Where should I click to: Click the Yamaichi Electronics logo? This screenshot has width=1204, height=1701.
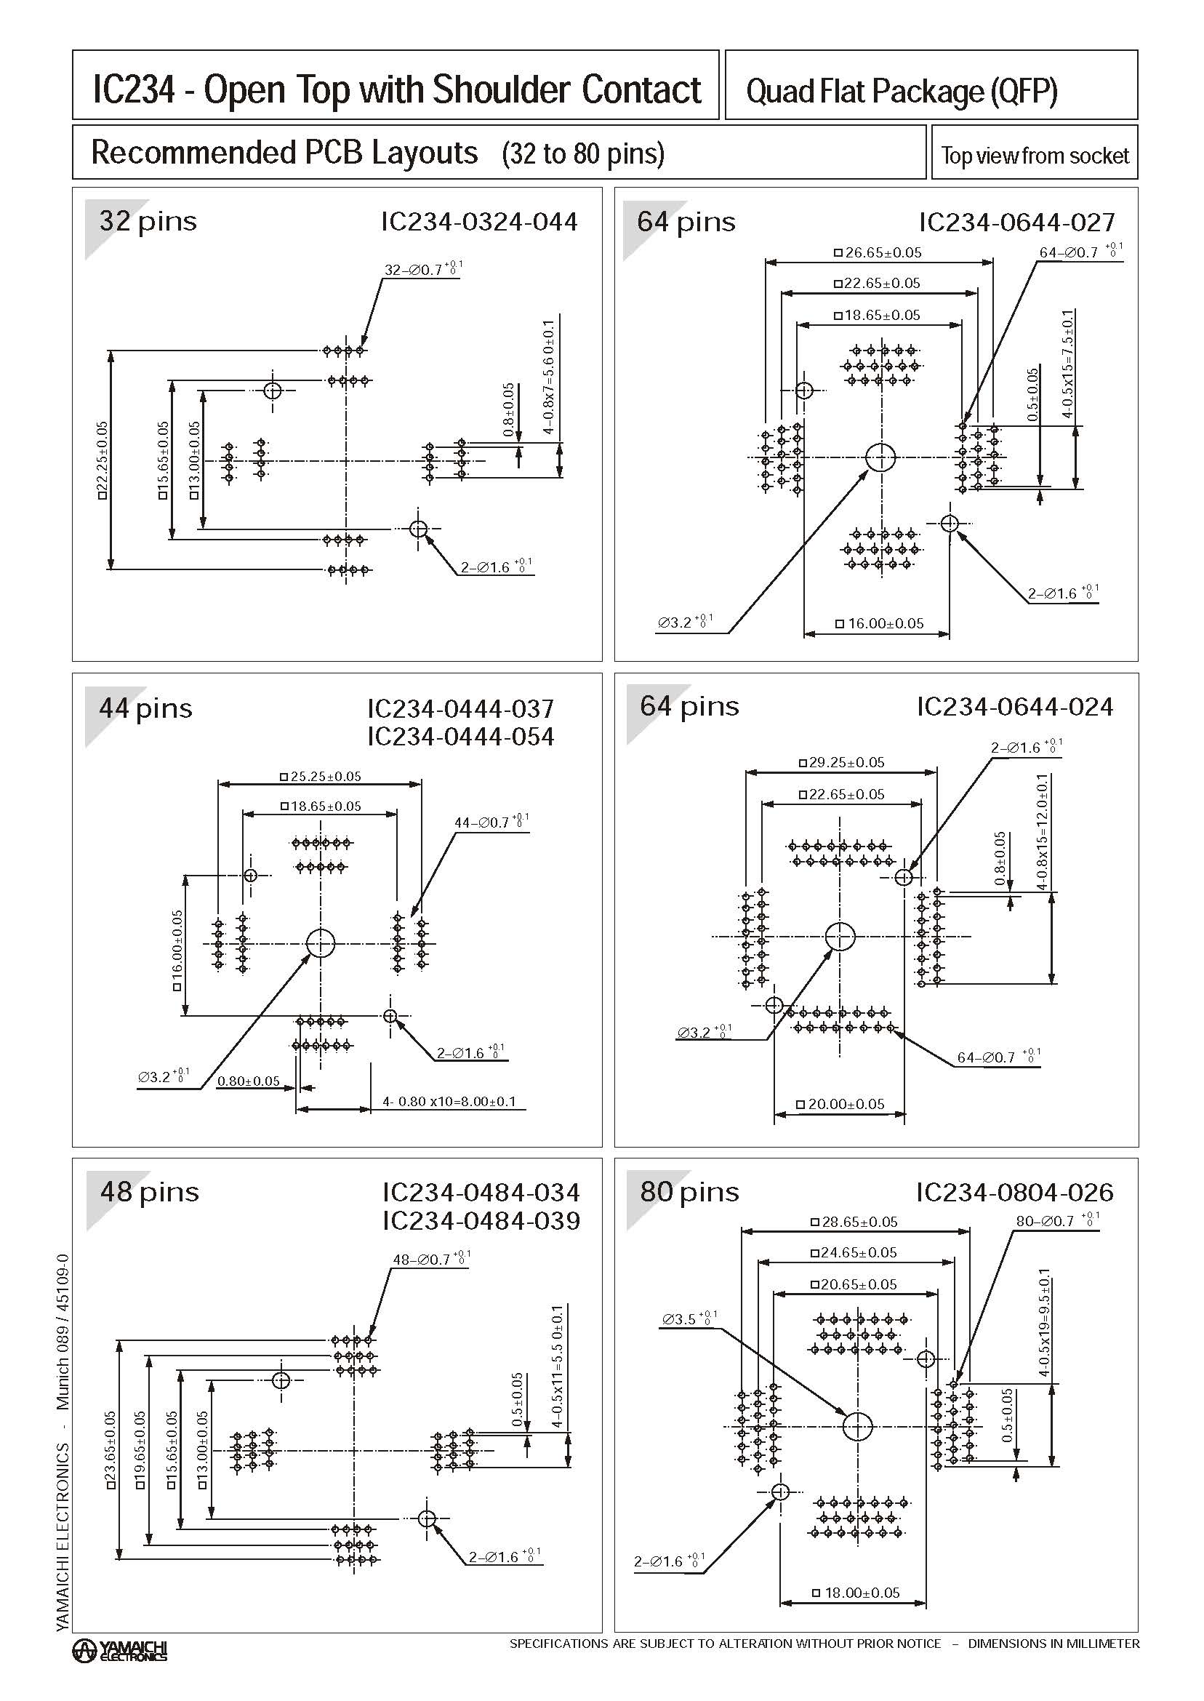(x=119, y=1650)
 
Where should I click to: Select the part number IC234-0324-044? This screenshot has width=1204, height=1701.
(x=479, y=222)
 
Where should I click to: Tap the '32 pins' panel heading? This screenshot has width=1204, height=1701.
(x=148, y=221)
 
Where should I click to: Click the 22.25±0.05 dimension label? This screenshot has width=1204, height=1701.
(x=103, y=460)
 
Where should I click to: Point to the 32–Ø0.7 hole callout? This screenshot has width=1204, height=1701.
(x=420, y=270)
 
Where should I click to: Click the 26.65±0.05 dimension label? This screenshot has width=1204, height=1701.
(x=878, y=253)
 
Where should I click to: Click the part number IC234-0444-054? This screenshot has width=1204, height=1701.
(x=460, y=736)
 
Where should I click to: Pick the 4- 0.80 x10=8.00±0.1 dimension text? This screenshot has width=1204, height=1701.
(x=449, y=1102)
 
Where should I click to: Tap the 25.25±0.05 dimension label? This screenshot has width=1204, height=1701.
(x=321, y=777)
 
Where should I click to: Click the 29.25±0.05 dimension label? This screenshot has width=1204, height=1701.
(x=842, y=762)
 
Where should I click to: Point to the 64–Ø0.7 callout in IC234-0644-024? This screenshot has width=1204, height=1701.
(x=998, y=1057)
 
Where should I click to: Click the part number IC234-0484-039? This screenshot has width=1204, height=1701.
(x=481, y=1220)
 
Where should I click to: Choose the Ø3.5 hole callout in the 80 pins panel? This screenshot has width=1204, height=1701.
(x=688, y=1319)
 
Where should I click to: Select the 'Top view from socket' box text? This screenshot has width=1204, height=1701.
(x=1034, y=156)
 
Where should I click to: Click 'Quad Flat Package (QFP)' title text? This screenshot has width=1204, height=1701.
(x=902, y=91)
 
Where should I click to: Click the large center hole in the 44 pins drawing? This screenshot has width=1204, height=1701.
(x=321, y=944)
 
